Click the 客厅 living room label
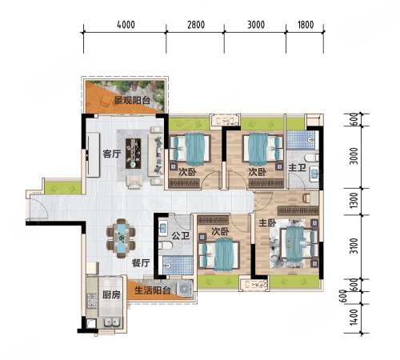[x=112, y=154]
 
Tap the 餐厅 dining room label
[x=141, y=263]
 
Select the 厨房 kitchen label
[x=111, y=294]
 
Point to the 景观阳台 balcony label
[x=132, y=101]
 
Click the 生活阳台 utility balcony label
[x=153, y=290]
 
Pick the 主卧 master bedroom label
[x=267, y=222]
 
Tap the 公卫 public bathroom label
[x=181, y=235]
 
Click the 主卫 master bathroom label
[x=297, y=168]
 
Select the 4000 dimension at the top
[x=126, y=25]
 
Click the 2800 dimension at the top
[x=196, y=25]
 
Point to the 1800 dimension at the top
[x=306, y=25]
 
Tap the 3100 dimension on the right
[x=354, y=246]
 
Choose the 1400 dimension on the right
[x=354, y=317]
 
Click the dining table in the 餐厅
[x=121, y=238]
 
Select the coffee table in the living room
[x=134, y=154]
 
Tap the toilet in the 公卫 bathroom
[x=165, y=246]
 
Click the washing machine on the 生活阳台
[x=185, y=288]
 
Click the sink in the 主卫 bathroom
[x=314, y=174]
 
